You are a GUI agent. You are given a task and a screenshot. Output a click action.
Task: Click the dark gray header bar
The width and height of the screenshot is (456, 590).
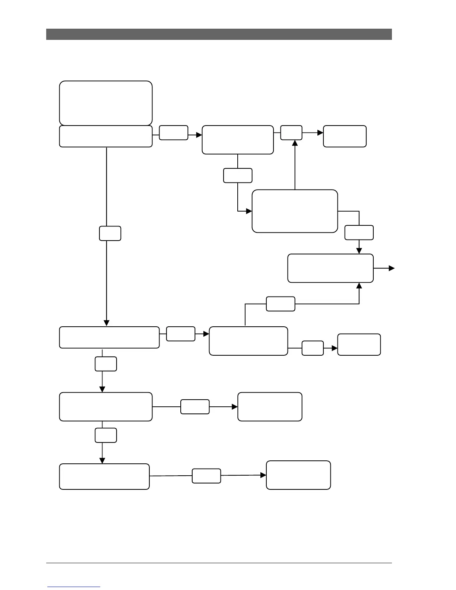click(219, 34)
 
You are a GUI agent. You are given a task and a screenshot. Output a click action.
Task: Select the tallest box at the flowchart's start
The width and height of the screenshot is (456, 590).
click(106, 103)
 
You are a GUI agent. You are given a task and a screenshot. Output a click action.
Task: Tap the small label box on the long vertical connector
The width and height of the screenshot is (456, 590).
click(110, 233)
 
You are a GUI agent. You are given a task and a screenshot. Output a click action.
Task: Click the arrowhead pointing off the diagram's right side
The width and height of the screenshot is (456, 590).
click(392, 268)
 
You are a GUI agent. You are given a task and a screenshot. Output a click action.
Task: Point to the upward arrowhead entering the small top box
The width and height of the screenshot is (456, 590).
click(295, 143)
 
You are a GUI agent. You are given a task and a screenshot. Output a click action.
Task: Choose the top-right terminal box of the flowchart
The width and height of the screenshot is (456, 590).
click(345, 136)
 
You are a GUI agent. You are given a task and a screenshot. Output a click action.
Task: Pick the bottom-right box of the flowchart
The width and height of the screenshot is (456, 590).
click(298, 475)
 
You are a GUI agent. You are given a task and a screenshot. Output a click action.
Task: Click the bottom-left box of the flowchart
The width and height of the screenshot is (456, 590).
click(104, 476)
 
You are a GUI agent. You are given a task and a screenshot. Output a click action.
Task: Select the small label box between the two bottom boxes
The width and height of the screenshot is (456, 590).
click(206, 476)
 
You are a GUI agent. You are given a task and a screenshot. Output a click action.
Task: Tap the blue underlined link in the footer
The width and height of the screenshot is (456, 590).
click(74, 587)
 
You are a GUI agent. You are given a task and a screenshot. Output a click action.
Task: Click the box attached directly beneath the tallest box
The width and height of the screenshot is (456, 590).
click(106, 136)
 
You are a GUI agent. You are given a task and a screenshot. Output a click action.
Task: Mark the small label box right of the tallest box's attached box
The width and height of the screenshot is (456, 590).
click(173, 133)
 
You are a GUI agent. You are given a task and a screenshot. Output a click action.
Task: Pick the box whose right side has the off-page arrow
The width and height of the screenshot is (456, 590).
click(330, 268)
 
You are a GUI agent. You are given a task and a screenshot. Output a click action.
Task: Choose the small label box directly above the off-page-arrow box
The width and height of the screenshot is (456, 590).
click(359, 232)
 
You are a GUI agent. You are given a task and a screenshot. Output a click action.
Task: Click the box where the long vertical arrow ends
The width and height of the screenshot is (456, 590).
click(109, 337)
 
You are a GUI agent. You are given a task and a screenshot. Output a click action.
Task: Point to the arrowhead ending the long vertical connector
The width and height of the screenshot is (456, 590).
click(107, 323)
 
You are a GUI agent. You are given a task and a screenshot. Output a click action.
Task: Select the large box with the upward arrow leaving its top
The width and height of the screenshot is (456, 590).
click(295, 211)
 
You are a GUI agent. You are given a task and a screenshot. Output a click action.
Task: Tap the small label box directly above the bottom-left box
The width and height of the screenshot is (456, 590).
click(106, 435)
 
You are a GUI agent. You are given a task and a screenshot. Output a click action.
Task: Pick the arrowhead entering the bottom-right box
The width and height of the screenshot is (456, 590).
click(263, 475)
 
